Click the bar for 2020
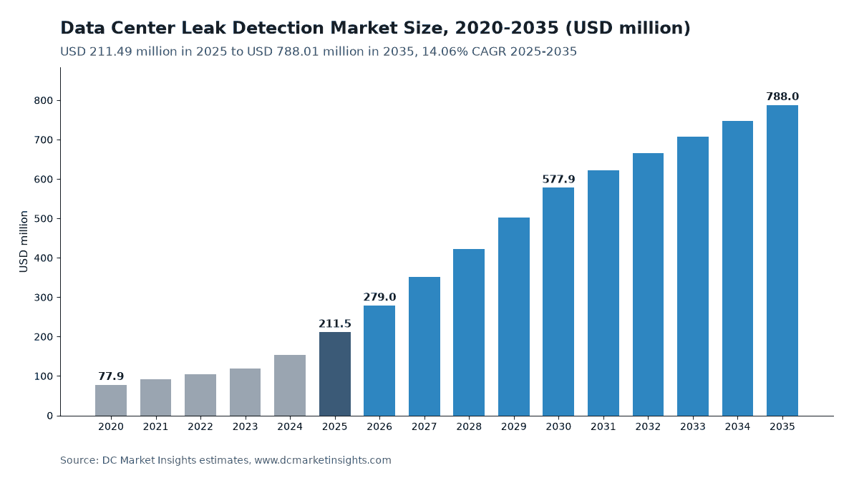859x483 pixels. coord(111,400)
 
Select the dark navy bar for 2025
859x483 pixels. coord(335,374)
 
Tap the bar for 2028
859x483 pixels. coord(469,332)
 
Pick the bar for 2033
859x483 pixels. coord(693,276)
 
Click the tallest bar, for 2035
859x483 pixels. coord(782,260)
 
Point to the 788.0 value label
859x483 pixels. coord(782,97)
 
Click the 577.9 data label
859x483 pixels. coord(558,179)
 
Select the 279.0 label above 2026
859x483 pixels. coord(379,297)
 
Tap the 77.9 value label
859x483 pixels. coord(111,376)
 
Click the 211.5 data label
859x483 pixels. coord(335,324)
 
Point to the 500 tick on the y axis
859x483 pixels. coord(44,219)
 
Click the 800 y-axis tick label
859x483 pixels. coord(44,101)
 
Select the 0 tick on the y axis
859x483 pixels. coord(50,416)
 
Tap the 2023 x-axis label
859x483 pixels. coord(245,426)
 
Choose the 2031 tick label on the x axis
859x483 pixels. coord(603,426)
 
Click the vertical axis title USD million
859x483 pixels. coord(24,242)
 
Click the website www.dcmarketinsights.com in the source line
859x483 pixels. coord(323,460)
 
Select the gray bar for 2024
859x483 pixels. coord(290,386)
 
